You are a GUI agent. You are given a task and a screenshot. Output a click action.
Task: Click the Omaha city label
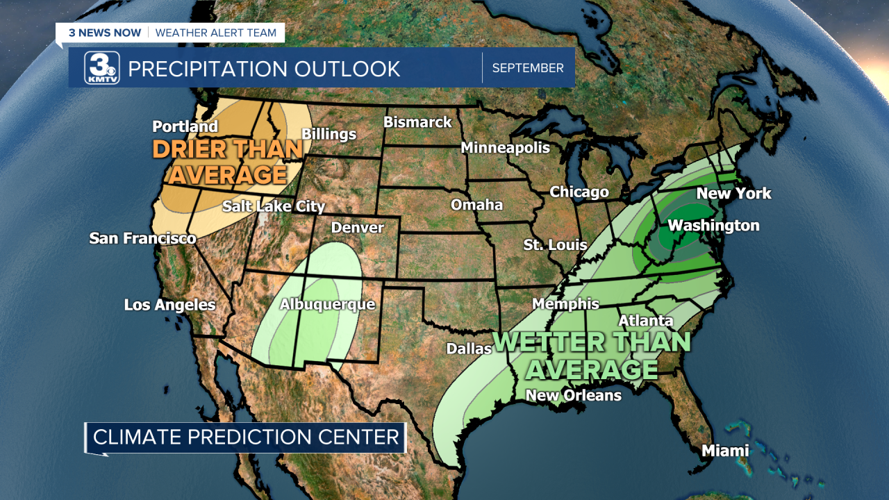pyautogui.click(x=476, y=205)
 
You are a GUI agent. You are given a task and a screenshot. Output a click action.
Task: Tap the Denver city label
pyautogui.click(x=357, y=228)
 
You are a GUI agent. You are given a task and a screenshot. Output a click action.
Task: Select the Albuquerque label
pyautogui.click(x=327, y=304)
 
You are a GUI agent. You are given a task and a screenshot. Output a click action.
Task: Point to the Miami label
pyautogui.click(x=725, y=451)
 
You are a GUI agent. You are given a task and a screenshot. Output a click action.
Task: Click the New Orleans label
pyautogui.click(x=573, y=395)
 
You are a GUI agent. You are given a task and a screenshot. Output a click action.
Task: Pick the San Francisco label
pyautogui.click(x=142, y=238)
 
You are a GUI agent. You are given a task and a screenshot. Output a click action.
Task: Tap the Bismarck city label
pyautogui.click(x=417, y=122)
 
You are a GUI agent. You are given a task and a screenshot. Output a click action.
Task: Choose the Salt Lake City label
pyautogui.click(x=274, y=206)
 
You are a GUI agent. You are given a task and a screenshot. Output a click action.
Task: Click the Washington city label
pyautogui.click(x=713, y=226)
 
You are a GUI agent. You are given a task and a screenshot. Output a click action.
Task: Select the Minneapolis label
pyautogui.click(x=505, y=147)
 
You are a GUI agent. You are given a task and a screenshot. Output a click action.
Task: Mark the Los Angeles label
pyautogui.click(x=169, y=305)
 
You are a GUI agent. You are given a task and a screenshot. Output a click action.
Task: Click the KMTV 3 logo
pyautogui.click(x=102, y=68)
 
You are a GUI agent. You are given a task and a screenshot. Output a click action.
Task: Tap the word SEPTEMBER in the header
pyautogui.click(x=528, y=68)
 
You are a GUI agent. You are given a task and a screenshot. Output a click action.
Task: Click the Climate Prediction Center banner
pyautogui.click(x=246, y=437)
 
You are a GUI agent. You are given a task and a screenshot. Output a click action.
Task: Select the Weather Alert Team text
pyautogui.click(x=215, y=33)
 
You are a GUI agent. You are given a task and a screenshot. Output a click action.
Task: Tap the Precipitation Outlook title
pyautogui.click(x=264, y=69)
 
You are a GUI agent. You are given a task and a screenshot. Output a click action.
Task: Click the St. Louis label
pyautogui.click(x=555, y=245)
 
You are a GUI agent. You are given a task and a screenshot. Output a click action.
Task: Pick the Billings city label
pyautogui.click(x=329, y=134)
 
